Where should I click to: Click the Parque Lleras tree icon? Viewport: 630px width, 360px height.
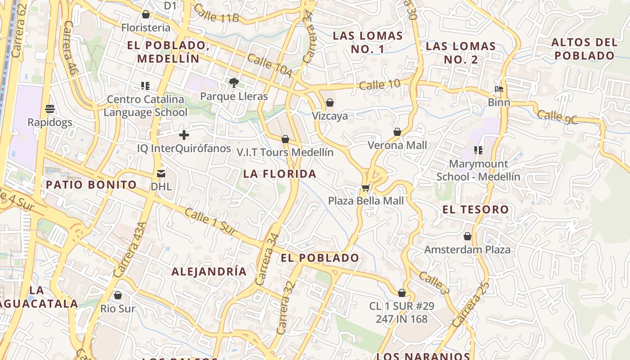(x=234, y=82)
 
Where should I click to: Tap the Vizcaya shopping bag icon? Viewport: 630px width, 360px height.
(x=330, y=103)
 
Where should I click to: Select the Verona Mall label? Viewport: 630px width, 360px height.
(x=397, y=145)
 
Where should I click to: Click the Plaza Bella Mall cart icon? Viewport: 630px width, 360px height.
(x=365, y=188)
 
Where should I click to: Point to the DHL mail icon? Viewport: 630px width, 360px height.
(x=161, y=173)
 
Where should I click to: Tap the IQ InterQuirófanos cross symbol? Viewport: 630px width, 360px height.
(x=184, y=135)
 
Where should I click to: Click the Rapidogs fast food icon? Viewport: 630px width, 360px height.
(x=50, y=109)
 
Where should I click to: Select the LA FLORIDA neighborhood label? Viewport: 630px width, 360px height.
(x=280, y=174)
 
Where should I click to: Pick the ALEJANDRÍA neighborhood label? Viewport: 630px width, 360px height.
(x=209, y=271)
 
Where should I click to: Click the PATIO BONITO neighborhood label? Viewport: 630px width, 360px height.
(x=91, y=184)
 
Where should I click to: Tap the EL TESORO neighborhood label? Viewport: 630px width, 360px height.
(x=476, y=209)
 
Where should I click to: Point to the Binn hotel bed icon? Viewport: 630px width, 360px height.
(x=499, y=89)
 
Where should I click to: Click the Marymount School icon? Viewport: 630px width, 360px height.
(x=478, y=150)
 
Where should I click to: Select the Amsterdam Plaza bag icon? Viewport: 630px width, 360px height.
(x=468, y=236)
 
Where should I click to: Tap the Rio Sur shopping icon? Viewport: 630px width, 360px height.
(x=118, y=295)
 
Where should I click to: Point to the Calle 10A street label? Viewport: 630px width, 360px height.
(x=270, y=65)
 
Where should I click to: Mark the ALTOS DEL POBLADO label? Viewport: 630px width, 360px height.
(x=584, y=49)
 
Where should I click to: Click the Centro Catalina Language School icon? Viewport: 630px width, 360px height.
(x=145, y=85)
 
